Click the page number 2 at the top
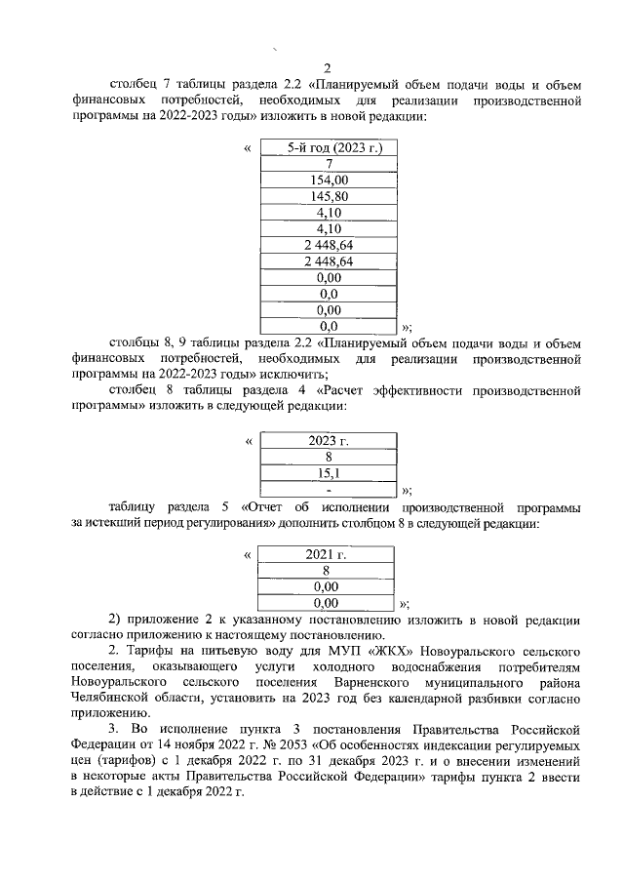click(x=328, y=68)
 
